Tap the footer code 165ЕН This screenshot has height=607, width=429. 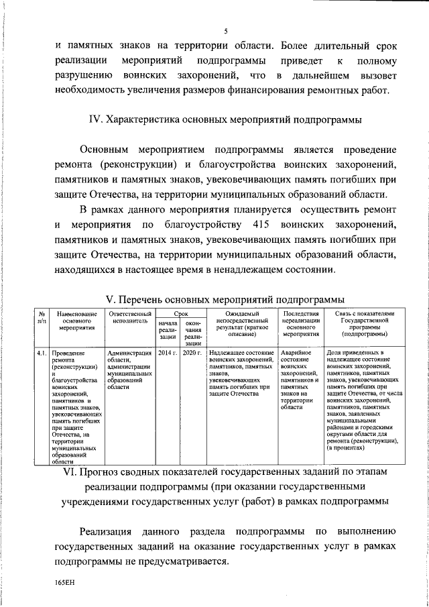click(66, 584)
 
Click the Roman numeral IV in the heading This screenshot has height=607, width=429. click(95, 120)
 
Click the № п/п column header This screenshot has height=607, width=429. click(42, 317)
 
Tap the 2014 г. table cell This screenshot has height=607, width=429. click(168, 352)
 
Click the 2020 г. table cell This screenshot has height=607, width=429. click(192, 352)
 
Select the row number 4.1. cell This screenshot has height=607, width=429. click(42, 352)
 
